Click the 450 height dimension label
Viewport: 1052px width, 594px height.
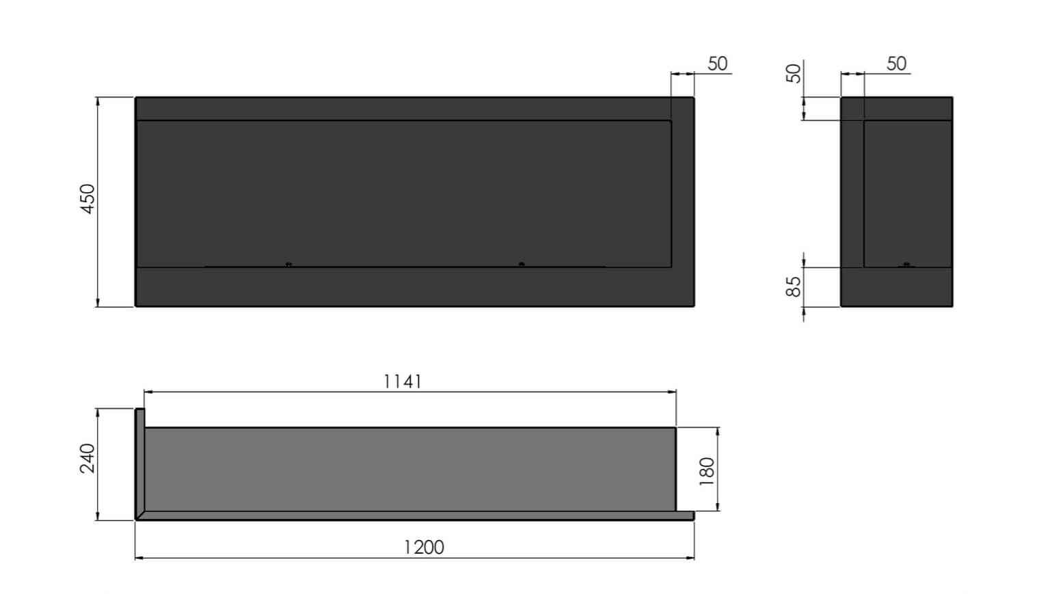point(88,199)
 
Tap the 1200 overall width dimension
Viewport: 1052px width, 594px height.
point(424,548)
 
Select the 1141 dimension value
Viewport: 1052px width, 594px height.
point(402,381)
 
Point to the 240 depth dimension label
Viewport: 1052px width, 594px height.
point(88,458)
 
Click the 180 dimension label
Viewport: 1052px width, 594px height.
point(707,471)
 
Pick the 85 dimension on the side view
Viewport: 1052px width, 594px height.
point(793,286)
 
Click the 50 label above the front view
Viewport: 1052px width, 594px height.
point(717,64)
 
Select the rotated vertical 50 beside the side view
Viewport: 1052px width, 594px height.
point(793,73)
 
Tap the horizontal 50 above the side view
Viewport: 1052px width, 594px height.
point(896,64)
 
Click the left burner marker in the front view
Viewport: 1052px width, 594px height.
point(288,264)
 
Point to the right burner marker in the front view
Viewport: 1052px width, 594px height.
point(522,264)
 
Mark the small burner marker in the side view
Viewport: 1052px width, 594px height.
point(906,264)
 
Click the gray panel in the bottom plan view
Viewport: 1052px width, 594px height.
point(410,469)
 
